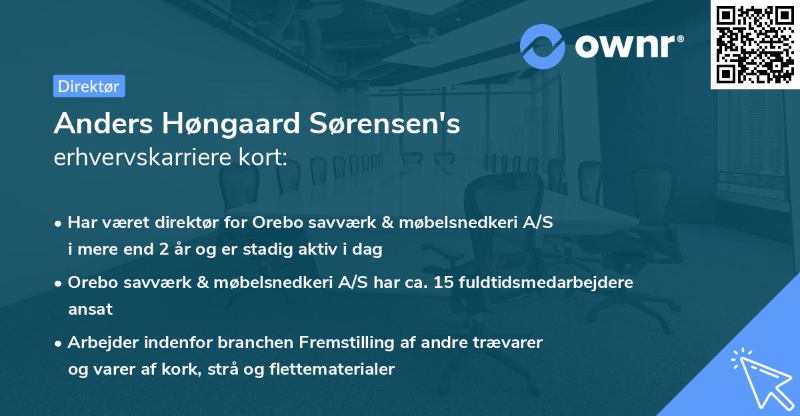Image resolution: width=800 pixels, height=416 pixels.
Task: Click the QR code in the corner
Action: point(755,44)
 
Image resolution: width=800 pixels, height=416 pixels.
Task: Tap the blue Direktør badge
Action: point(89,86)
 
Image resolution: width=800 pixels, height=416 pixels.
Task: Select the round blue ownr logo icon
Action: point(543,46)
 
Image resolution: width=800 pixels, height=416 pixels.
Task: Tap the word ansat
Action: point(90,309)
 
